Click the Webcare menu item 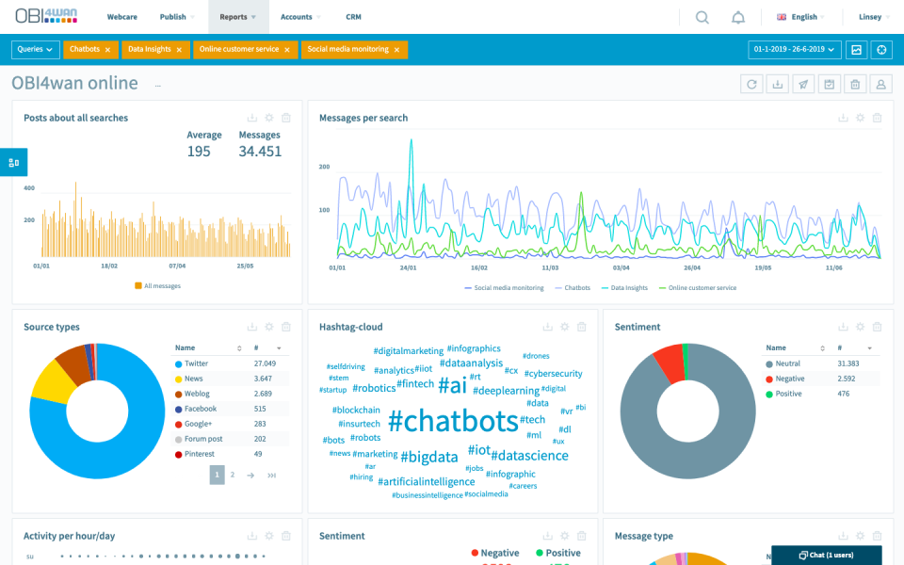[121, 17]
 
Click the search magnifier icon [702, 17]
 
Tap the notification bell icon [738, 17]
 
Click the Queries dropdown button [36, 49]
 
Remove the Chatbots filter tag [107, 50]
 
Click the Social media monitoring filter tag [347, 49]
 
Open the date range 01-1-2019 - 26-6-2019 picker [794, 49]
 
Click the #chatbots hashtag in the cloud [453, 420]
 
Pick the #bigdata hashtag [429, 457]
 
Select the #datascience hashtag [530, 455]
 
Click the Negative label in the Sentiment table [789, 379]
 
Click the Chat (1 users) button [826, 555]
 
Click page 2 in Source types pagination [233, 476]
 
